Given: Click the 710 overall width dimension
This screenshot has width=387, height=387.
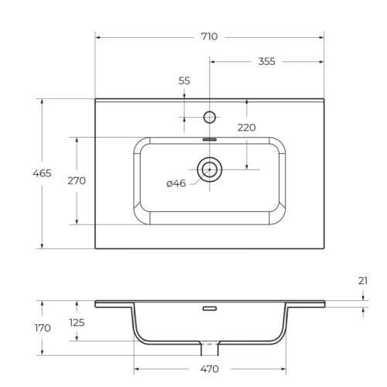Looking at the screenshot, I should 209,36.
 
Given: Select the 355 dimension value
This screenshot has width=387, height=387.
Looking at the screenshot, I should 267,61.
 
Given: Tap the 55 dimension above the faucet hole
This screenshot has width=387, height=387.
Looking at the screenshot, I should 184,80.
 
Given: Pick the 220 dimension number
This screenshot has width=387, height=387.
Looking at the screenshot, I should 246,128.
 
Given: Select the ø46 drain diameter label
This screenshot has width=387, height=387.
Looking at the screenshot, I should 176,183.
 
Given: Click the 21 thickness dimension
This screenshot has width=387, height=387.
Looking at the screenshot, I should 363,281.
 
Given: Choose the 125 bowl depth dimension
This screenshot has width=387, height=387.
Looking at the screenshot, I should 77,323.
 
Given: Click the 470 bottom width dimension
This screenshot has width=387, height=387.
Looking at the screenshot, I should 211,368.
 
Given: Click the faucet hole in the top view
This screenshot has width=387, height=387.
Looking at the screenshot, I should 209,118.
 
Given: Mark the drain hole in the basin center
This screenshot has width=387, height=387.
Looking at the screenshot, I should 209,167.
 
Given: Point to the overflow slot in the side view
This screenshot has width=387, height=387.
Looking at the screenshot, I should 209,309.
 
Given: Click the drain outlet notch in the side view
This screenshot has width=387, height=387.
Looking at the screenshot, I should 209,345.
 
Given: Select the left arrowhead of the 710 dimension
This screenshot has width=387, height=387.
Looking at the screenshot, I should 98,36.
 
